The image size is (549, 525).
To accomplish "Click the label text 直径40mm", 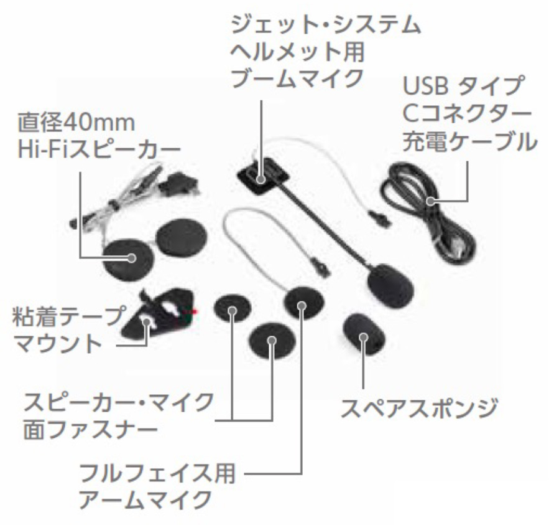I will pos(76,122).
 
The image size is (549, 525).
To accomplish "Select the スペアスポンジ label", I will pos(420,408).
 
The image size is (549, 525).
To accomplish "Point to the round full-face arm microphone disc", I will pos(303,304).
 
